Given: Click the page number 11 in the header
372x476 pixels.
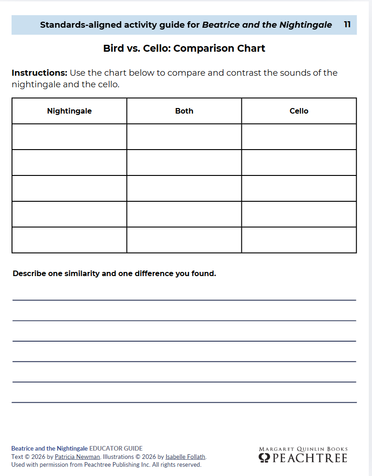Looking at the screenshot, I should (347, 24).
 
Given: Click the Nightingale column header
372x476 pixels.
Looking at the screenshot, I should (69, 111).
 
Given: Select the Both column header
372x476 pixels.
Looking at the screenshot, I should (184, 111).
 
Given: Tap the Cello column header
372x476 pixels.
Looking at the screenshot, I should (299, 111).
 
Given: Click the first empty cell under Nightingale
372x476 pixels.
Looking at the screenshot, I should (69, 137).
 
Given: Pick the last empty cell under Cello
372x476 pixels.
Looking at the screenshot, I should (299, 240).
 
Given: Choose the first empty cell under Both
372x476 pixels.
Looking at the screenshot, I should (184, 137).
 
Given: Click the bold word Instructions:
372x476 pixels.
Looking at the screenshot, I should (40, 73).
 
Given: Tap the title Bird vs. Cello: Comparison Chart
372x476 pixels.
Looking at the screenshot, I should (184, 48).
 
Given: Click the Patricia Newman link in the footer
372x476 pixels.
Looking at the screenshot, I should (77, 457).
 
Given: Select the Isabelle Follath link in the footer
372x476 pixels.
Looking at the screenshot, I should (185, 457).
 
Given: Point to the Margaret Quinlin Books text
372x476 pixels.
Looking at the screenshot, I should (303, 449).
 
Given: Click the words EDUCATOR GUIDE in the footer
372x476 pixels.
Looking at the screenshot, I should (116, 448).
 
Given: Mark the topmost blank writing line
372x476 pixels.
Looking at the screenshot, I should (184, 300).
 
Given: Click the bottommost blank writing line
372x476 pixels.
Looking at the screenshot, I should (184, 402).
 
